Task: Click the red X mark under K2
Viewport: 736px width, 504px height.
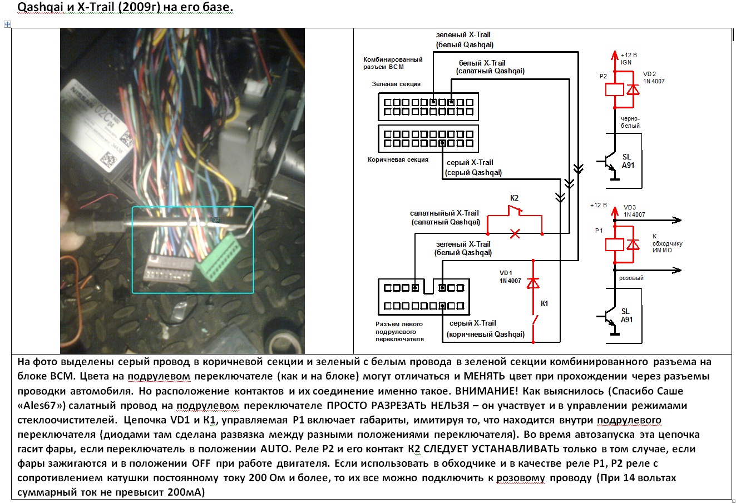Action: (x=515, y=234)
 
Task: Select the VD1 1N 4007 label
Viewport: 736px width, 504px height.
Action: (x=510, y=277)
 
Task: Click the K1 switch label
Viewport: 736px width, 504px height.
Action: (x=545, y=303)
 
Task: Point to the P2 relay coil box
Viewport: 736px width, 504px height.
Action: (x=615, y=88)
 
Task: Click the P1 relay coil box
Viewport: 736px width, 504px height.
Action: (x=615, y=244)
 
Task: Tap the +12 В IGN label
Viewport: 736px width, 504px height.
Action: (x=629, y=59)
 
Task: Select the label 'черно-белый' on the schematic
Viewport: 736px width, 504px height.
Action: (x=630, y=122)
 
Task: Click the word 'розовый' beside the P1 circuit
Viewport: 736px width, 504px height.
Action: (x=631, y=278)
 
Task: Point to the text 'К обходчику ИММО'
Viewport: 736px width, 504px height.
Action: (x=667, y=243)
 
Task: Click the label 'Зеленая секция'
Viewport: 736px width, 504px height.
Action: (x=396, y=84)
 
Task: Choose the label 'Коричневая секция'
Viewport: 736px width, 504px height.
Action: (x=398, y=159)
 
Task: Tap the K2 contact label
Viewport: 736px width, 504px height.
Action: (x=514, y=198)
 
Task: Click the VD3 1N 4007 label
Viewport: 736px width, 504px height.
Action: (x=634, y=211)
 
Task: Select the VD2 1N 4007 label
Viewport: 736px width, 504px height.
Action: (x=654, y=77)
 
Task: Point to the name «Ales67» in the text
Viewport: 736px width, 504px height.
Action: (x=42, y=405)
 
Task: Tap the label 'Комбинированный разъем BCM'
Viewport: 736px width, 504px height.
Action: (x=393, y=63)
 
